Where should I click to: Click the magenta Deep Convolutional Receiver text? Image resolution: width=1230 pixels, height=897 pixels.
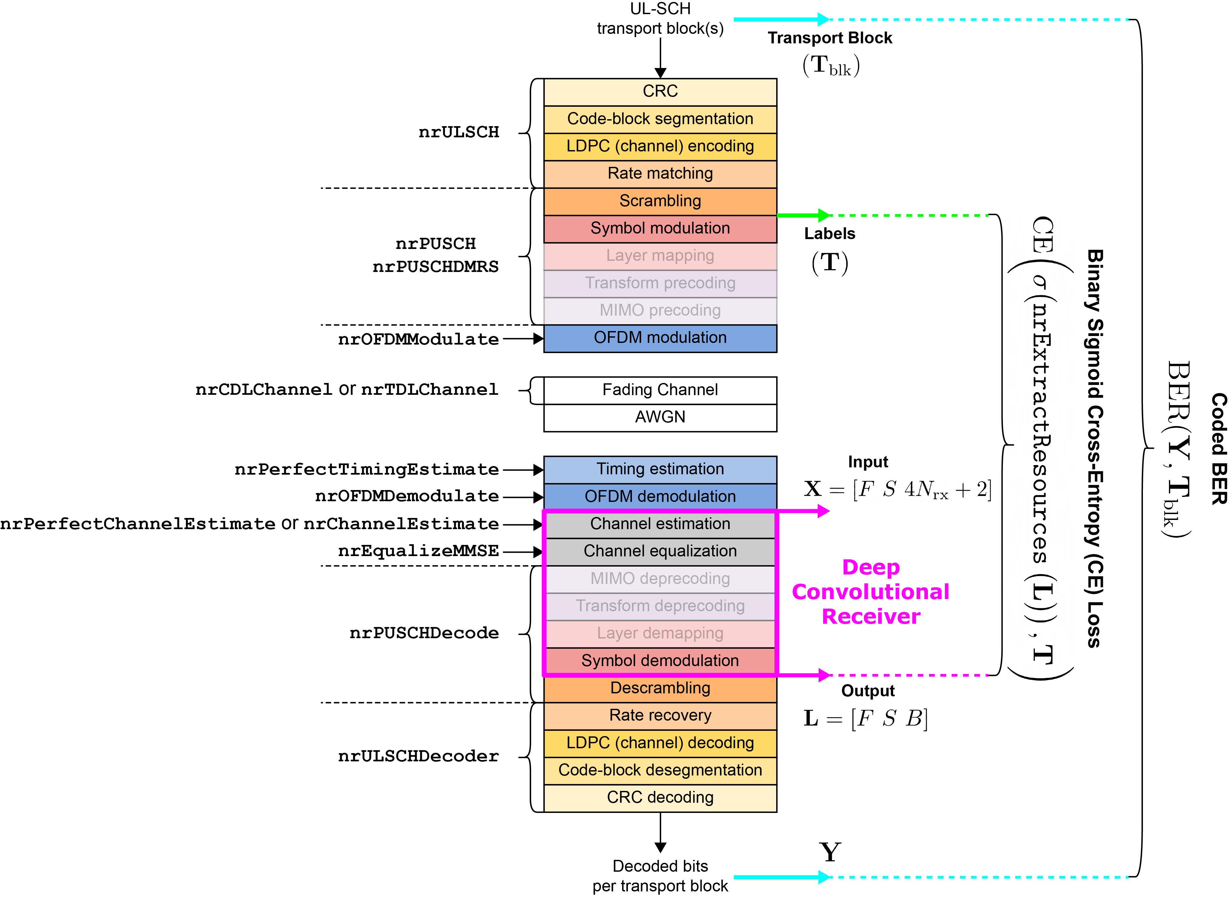pyautogui.click(x=870, y=592)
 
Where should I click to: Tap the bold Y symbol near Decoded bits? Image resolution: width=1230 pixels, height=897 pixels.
pyautogui.click(x=830, y=852)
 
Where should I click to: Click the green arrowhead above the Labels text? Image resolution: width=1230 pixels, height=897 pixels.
pyautogui.click(x=824, y=215)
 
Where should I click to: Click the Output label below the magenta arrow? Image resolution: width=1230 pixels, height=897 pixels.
pyautogui.click(x=868, y=691)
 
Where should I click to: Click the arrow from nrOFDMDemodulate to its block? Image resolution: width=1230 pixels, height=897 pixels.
pyautogui.click(x=522, y=497)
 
